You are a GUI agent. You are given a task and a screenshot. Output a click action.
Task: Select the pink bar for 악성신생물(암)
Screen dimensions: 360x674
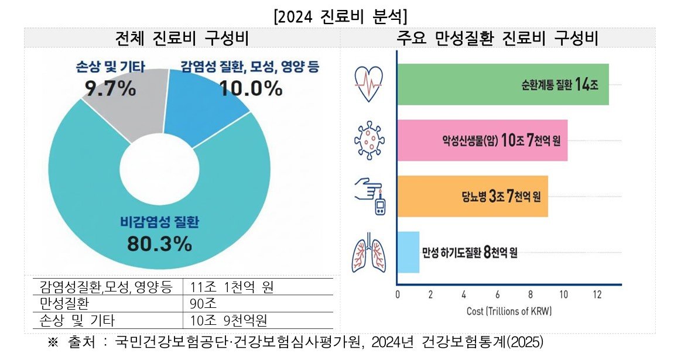pos(481,140)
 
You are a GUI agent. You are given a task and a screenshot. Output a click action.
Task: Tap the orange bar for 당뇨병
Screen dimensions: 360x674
pos(472,196)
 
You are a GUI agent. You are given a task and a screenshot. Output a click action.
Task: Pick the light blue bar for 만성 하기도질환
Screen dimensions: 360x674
pos(408,252)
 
